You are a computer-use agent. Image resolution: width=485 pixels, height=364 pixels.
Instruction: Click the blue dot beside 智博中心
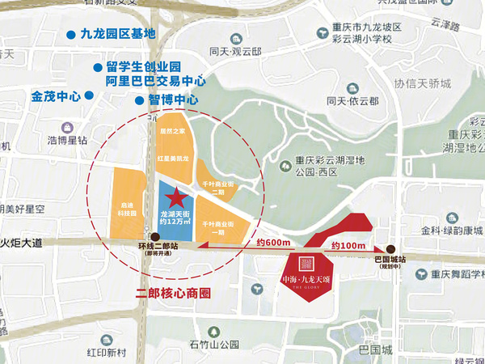click(139, 100)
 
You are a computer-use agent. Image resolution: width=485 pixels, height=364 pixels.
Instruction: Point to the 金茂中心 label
click(56, 95)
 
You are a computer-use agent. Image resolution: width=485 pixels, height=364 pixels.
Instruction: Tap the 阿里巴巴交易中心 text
click(156, 81)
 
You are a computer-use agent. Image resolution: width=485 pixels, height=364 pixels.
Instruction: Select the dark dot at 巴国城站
click(390, 249)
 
